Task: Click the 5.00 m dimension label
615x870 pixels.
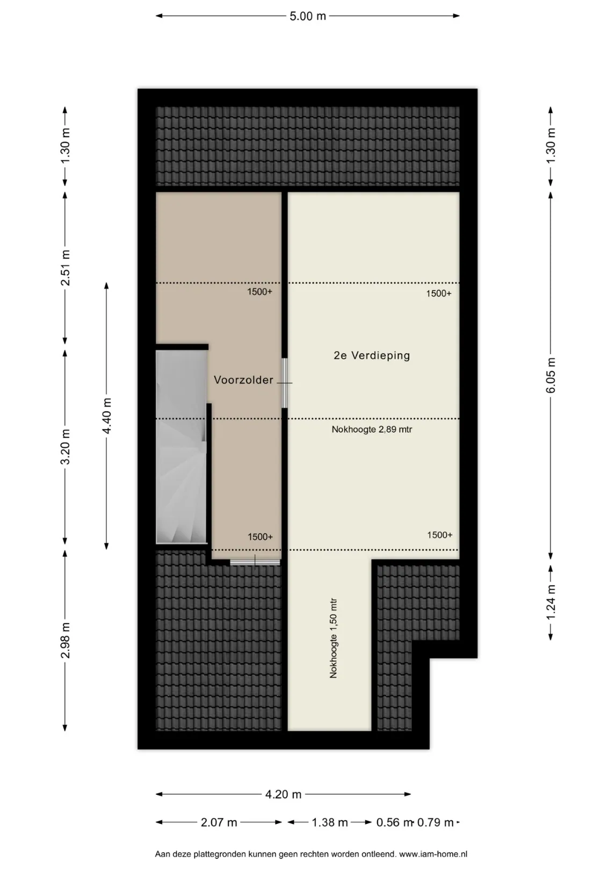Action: point(307,16)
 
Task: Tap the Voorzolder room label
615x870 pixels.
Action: point(244,380)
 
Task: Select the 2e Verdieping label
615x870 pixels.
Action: point(372,356)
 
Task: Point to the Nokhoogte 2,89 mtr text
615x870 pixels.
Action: point(372,430)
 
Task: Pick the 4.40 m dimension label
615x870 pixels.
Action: point(106,416)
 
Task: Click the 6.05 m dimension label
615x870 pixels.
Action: point(551,375)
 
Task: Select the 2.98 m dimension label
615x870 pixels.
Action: point(65,641)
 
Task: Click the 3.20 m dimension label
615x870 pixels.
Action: point(65,447)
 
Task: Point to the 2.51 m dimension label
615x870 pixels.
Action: point(65,268)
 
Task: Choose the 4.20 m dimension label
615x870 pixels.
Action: point(283,795)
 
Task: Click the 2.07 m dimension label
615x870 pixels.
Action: point(219,823)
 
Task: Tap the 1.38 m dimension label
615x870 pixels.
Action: point(329,823)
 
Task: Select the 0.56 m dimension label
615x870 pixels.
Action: point(394,823)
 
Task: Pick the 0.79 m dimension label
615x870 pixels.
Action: point(435,823)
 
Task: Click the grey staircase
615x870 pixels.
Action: point(181,447)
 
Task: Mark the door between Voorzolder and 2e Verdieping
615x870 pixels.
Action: point(284,383)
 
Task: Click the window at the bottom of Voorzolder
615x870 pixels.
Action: point(255,562)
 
